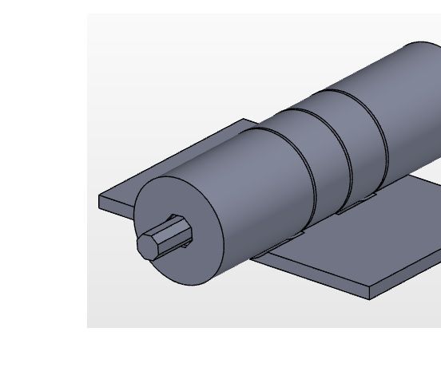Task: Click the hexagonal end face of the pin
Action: (x=147, y=245)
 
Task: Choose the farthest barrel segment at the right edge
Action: (x=415, y=104)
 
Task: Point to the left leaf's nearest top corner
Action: (x=100, y=196)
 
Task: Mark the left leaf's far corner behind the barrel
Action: (x=244, y=120)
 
